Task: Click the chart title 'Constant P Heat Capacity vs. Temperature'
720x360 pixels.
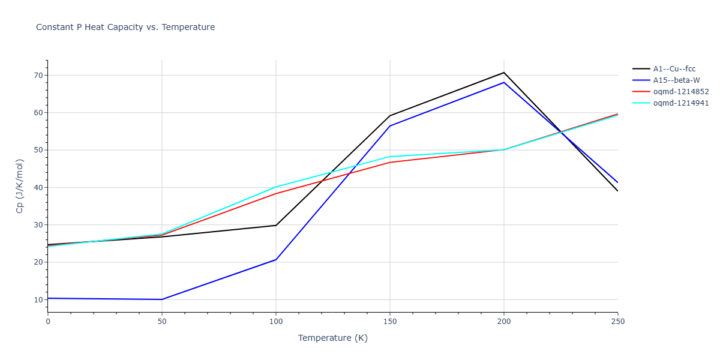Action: click(x=125, y=27)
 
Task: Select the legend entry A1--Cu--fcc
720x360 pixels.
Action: click(x=674, y=69)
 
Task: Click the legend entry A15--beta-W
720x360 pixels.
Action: click(x=675, y=80)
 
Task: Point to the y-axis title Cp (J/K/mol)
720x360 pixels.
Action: click(x=20, y=186)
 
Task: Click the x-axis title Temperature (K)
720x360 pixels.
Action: click(x=332, y=338)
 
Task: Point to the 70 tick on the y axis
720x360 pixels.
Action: click(x=38, y=76)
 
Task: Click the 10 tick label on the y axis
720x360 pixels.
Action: click(x=38, y=299)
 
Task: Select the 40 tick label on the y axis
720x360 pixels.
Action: click(x=38, y=188)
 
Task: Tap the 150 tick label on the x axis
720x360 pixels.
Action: click(x=390, y=322)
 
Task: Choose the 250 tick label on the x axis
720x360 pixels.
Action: click(x=617, y=322)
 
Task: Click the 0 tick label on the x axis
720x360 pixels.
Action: click(x=48, y=322)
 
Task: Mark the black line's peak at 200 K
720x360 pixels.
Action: click(x=504, y=73)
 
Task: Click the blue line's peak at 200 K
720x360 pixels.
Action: click(x=504, y=82)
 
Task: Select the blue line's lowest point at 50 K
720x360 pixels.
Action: click(x=162, y=299)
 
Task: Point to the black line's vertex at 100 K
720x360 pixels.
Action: click(x=276, y=226)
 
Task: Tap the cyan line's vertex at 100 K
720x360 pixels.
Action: click(x=276, y=187)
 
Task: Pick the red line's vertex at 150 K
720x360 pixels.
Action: click(x=390, y=163)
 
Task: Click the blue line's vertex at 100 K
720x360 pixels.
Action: click(x=276, y=260)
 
